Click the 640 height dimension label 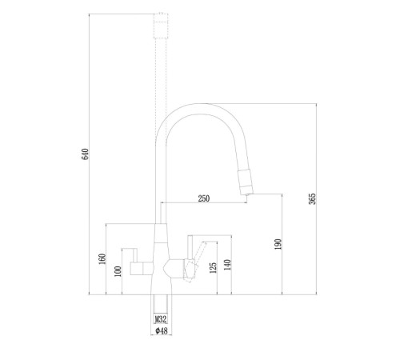pos(85,154)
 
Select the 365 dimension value pos(312,199)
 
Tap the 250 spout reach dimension pos(204,198)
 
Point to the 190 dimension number pos(278,244)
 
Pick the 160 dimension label pos(102,259)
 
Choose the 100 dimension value pos(118,271)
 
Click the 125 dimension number pos(214,268)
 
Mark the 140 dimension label pos(227,265)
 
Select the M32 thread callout pos(161,319)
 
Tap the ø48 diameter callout pos(162,331)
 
